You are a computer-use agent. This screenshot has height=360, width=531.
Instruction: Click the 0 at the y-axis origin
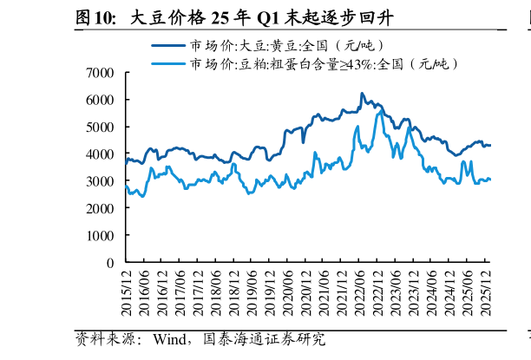pyautogui.click(x=110, y=262)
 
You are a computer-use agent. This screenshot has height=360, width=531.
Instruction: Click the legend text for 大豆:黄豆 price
pyautogui.click(x=286, y=46)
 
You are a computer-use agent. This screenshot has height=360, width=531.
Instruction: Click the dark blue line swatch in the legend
pyautogui.click(x=168, y=46)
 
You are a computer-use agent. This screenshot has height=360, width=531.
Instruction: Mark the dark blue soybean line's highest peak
pyautogui.click(x=362, y=94)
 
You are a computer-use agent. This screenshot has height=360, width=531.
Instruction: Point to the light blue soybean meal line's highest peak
pyautogui.click(x=379, y=112)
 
